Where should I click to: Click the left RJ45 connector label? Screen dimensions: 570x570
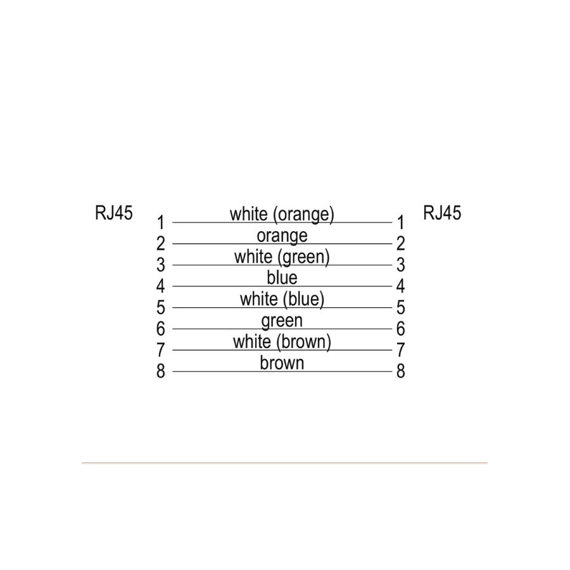pyautogui.click(x=114, y=213)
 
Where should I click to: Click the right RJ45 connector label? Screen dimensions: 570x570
pyautogui.click(x=442, y=213)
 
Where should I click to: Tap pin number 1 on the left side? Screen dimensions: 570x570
pyautogui.click(x=161, y=222)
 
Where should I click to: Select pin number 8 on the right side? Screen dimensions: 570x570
pyautogui.click(x=401, y=371)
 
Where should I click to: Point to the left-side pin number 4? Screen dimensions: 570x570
pyautogui.click(x=161, y=286)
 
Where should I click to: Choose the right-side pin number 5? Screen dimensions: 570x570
pyautogui.click(x=401, y=308)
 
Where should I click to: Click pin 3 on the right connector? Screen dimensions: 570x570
pyautogui.click(x=401, y=265)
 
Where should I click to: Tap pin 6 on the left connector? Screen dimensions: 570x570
pyautogui.click(x=161, y=329)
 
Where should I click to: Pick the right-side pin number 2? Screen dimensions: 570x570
pyautogui.click(x=401, y=244)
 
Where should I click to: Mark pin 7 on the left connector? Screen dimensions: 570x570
pyautogui.click(x=161, y=350)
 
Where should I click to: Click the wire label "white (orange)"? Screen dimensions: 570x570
pyautogui.click(x=282, y=214)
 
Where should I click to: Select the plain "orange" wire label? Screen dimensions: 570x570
pyautogui.click(x=282, y=236)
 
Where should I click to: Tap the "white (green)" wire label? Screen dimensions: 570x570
pyautogui.click(x=282, y=257)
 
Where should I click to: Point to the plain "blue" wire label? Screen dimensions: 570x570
pyautogui.click(x=282, y=278)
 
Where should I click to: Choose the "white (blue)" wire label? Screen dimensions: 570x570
pyautogui.click(x=282, y=300)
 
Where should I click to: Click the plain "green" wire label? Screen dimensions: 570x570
pyautogui.click(x=282, y=321)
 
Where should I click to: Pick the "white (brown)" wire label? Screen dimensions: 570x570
pyautogui.click(x=282, y=342)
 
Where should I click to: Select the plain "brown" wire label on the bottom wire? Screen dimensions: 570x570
pyautogui.click(x=282, y=363)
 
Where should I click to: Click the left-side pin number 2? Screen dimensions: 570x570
pyautogui.click(x=161, y=244)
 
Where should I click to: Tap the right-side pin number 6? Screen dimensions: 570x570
pyautogui.click(x=401, y=329)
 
